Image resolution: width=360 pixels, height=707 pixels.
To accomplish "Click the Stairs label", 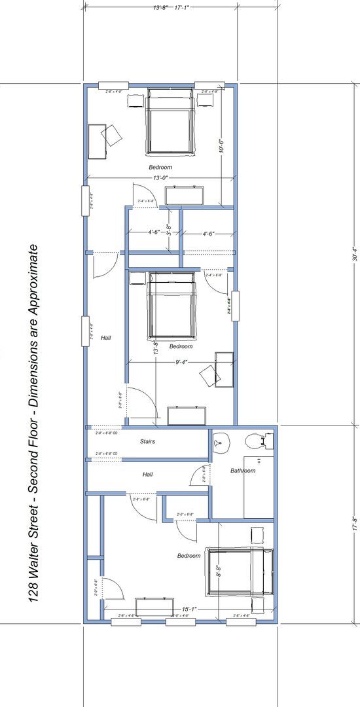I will coord(148,442).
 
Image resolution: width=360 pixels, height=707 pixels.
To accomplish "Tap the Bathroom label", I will coord(243,471).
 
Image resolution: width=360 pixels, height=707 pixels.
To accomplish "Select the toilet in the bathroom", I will coord(259,441).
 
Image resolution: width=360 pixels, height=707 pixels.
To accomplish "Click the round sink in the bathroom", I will coord(220,443).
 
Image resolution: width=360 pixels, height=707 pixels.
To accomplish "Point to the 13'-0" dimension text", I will coord(160,178).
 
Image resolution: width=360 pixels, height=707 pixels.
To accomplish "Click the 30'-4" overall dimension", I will coord(353,254).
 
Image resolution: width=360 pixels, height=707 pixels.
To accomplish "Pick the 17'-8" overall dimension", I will coord(353,524).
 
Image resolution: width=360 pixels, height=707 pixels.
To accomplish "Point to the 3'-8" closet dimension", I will coord(169,230).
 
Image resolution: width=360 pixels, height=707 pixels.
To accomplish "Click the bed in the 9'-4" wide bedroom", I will coord(172,304).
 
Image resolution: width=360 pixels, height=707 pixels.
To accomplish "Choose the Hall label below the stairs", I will coord(148,474).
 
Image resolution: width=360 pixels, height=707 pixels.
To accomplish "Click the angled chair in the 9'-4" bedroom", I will coord(210,375).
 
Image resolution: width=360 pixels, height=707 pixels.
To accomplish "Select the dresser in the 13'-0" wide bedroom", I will coord(185,195).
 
